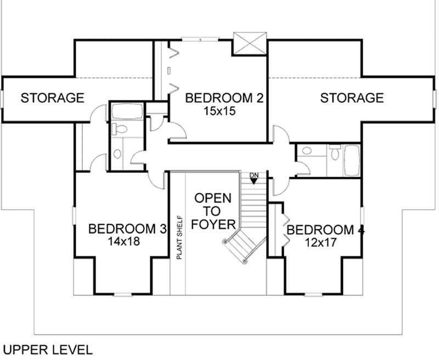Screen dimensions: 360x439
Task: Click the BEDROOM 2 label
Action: (x=224, y=98)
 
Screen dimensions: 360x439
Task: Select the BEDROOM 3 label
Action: (x=127, y=228)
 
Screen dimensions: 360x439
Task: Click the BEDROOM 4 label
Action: (x=325, y=229)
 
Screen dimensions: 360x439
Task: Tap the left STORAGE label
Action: (x=52, y=98)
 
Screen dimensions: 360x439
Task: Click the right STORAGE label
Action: (x=352, y=98)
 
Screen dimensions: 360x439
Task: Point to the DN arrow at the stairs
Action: (x=254, y=180)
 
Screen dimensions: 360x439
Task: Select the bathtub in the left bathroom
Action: (x=127, y=113)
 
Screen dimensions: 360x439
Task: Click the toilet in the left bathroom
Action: (x=119, y=130)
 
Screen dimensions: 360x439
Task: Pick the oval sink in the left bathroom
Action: (x=118, y=154)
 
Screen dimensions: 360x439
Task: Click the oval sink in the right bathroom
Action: (x=307, y=151)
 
